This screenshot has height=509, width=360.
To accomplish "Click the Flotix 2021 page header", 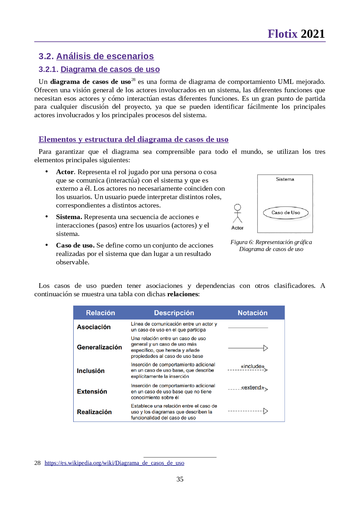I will pos(296,34).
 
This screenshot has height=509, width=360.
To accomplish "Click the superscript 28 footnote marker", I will pos(133,80).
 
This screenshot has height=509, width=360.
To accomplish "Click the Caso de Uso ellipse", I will pos(286,213).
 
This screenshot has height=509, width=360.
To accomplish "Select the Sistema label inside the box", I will pos(285,179).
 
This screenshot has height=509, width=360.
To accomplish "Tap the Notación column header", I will pos(253,313).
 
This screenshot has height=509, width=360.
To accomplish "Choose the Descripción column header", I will pos(174,313).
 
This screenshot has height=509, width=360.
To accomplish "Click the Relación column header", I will pos(100,313).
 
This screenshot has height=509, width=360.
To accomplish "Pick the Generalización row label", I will pos(99,347).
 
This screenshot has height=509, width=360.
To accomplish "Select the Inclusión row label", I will pos(91,371).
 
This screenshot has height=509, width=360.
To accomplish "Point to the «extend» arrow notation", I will pos(248,388).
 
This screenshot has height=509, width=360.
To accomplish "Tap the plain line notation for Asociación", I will pos(248,328).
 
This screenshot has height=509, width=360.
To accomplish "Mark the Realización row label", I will pos(94,412).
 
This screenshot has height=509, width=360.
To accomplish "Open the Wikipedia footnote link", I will pos(114,463).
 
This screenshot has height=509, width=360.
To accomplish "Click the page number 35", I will pos(180,479).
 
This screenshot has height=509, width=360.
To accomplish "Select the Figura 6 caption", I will pos(271,246).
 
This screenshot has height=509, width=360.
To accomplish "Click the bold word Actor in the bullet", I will pos(65,172).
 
